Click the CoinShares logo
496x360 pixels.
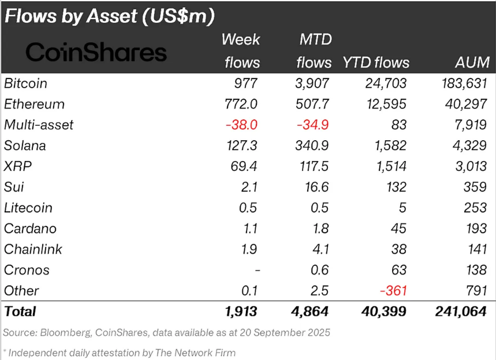pyautogui.click(x=96, y=52)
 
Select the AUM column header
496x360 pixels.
pyautogui.click(x=471, y=62)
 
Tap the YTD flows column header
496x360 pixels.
pyautogui.click(x=376, y=62)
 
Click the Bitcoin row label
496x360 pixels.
pyautogui.click(x=25, y=84)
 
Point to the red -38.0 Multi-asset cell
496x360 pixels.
pyautogui.click(x=242, y=125)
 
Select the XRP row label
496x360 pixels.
pyautogui.click(x=17, y=167)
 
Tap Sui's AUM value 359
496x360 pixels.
pyautogui.click(x=476, y=187)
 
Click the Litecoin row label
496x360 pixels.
pyautogui.click(x=28, y=208)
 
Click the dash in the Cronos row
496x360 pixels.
pyautogui.click(x=257, y=271)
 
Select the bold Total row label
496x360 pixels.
pyautogui.click(x=20, y=312)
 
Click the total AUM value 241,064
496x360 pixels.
pyautogui.click(x=460, y=312)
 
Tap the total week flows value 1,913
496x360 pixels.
pyautogui.click(x=240, y=312)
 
